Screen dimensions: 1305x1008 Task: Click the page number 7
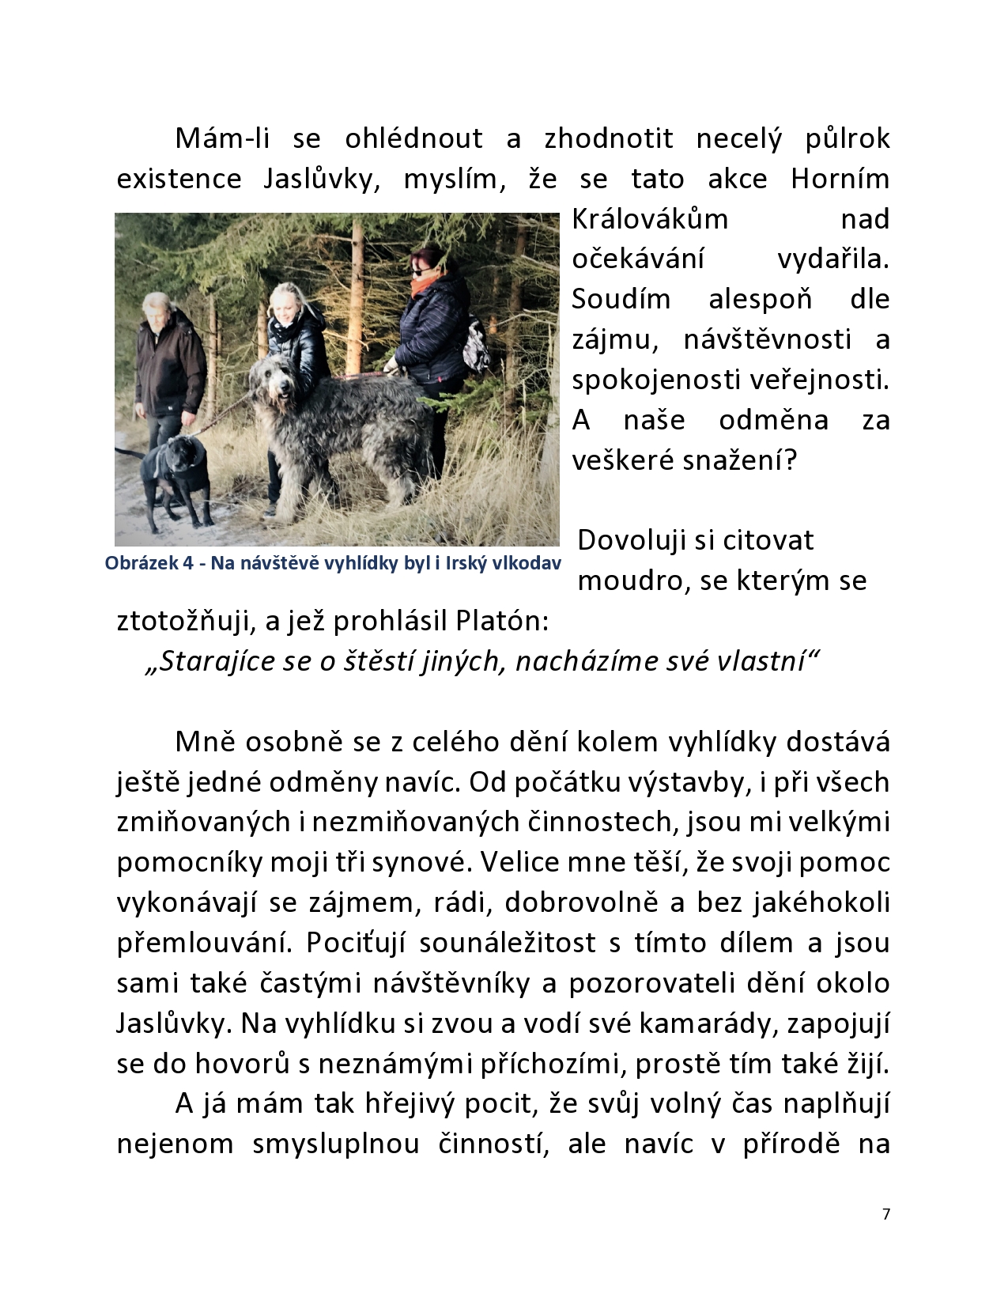click(x=885, y=1214)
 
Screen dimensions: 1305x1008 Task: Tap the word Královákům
click(x=649, y=219)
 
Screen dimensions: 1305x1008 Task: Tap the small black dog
click(x=176, y=475)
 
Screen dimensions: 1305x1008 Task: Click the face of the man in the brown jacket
click(x=158, y=312)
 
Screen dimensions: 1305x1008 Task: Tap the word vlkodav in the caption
click(x=529, y=564)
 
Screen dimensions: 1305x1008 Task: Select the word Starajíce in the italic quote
click(x=201, y=661)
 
